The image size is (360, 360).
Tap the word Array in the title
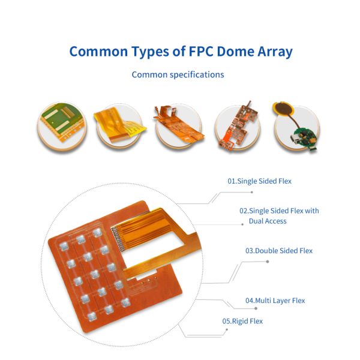tap(275, 52)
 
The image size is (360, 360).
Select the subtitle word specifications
tap(197, 75)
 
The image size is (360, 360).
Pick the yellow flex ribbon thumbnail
tap(120, 125)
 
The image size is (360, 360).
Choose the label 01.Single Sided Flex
tap(259, 181)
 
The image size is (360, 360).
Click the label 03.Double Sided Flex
tap(279, 250)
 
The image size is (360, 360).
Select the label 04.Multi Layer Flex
tap(275, 301)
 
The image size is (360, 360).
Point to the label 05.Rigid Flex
tap(242, 321)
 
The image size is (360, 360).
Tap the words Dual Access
tap(268, 221)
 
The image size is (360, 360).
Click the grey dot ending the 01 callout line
tap(252, 192)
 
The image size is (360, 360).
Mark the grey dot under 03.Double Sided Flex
tap(268, 262)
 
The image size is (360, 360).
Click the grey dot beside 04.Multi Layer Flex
tap(256, 308)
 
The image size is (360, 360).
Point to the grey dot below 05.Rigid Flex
tap(227, 329)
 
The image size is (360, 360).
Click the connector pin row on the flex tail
tap(116, 238)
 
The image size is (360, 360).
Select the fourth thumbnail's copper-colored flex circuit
tap(238, 126)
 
